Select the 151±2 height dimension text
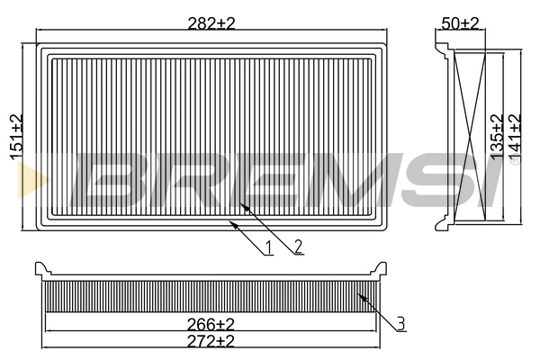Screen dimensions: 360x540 16,137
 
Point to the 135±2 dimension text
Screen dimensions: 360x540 495,137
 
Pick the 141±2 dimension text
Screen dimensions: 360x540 515,137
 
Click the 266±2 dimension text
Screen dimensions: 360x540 211,323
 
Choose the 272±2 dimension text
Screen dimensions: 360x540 211,341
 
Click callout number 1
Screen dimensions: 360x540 268,247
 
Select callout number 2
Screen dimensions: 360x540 298,244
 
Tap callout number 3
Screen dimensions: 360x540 401,321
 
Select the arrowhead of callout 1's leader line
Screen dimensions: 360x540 232,223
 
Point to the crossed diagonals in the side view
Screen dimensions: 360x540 471,135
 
